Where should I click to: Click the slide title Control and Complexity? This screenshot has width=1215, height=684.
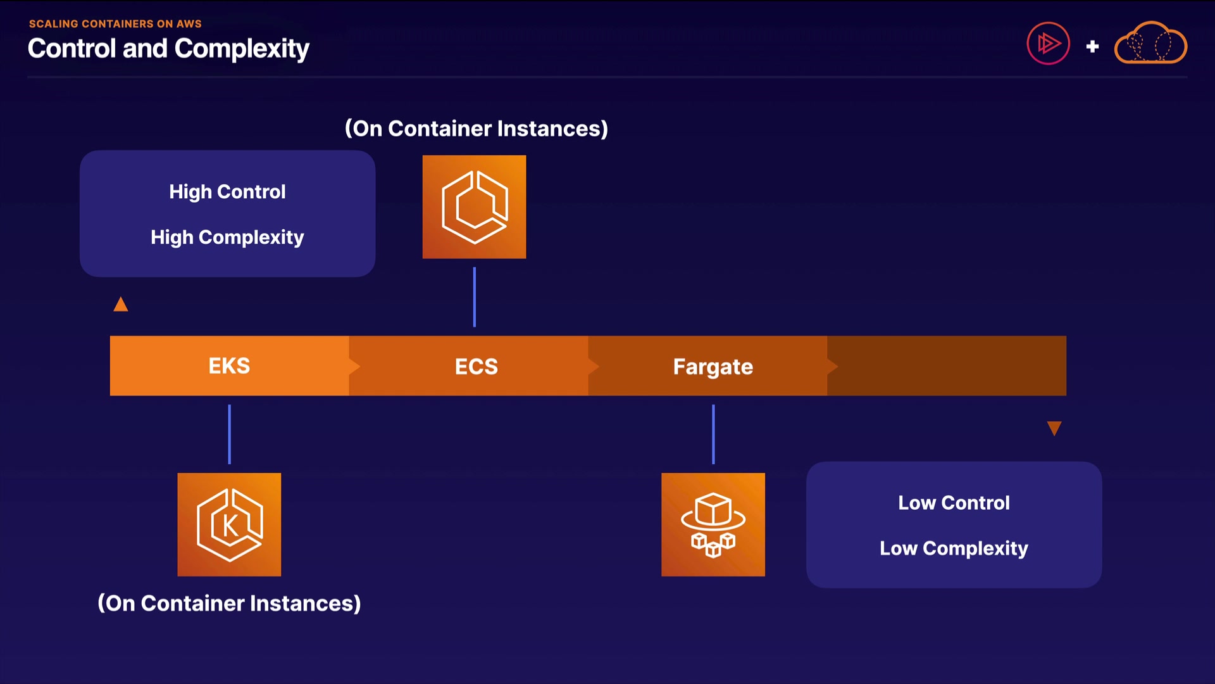[x=168, y=49]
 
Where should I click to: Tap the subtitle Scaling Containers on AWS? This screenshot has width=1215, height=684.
[x=115, y=23]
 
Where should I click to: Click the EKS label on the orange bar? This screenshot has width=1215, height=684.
[x=229, y=366]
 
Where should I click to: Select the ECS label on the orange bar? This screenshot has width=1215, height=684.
[x=476, y=367]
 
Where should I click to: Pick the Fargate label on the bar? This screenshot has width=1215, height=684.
[x=713, y=367]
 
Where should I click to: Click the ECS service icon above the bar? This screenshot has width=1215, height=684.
[x=474, y=207]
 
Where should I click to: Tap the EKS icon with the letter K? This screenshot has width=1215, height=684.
[x=229, y=524]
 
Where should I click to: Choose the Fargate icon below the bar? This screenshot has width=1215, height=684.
[x=713, y=524]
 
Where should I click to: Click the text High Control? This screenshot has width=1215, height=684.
[x=227, y=191]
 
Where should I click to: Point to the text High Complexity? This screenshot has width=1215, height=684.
[x=227, y=237]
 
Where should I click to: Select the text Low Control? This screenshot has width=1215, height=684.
[x=954, y=503]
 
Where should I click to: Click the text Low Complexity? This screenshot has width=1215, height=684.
[x=954, y=548]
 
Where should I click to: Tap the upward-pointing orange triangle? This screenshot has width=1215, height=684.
[x=121, y=305]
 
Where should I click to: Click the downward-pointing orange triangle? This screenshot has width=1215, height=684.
[x=1054, y=429]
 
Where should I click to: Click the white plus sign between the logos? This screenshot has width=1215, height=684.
[x=1092, y=46]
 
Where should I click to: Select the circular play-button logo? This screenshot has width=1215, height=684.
[x=1048, y=44]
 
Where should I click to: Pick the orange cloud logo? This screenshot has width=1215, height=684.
[x=1150, y=44]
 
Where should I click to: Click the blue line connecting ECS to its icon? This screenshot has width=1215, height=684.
[x=474, y=297]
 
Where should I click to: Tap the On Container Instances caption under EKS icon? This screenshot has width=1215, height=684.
[x=229, y=603]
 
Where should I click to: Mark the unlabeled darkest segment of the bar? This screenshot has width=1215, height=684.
[x=947, y=366]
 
